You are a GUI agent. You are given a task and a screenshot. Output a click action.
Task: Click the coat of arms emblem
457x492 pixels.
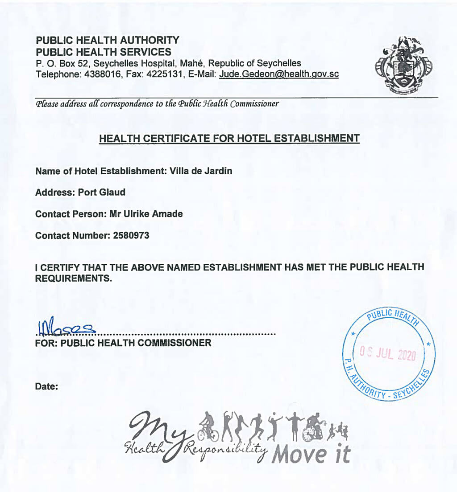pyautogui.click(x=403, y=63)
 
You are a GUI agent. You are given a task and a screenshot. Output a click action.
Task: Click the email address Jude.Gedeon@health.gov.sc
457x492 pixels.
pyautogui.click(x=278, y=74)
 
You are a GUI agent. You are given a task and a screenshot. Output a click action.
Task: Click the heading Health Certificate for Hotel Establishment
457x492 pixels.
pyautogui.click(x=229, y=138)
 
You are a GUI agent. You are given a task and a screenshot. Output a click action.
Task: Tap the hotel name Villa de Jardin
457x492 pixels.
pyautogui.click(x=201, y=171)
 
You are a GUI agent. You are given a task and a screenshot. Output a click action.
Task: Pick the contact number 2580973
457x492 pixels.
pyautogui.click(x=130, y=235)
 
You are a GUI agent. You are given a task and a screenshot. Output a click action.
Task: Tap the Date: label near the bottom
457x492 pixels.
pyautogui.click(x=47, y=387)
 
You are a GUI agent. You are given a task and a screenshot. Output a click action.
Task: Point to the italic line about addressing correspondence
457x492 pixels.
pyautogui.click(x=157, y=104)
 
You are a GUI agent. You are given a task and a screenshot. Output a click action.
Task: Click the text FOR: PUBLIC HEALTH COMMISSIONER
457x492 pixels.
pyautogui.click(x=123, y=343)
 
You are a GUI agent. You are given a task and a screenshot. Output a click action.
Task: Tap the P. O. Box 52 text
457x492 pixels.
pyautogui.click(x=59, y=63)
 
